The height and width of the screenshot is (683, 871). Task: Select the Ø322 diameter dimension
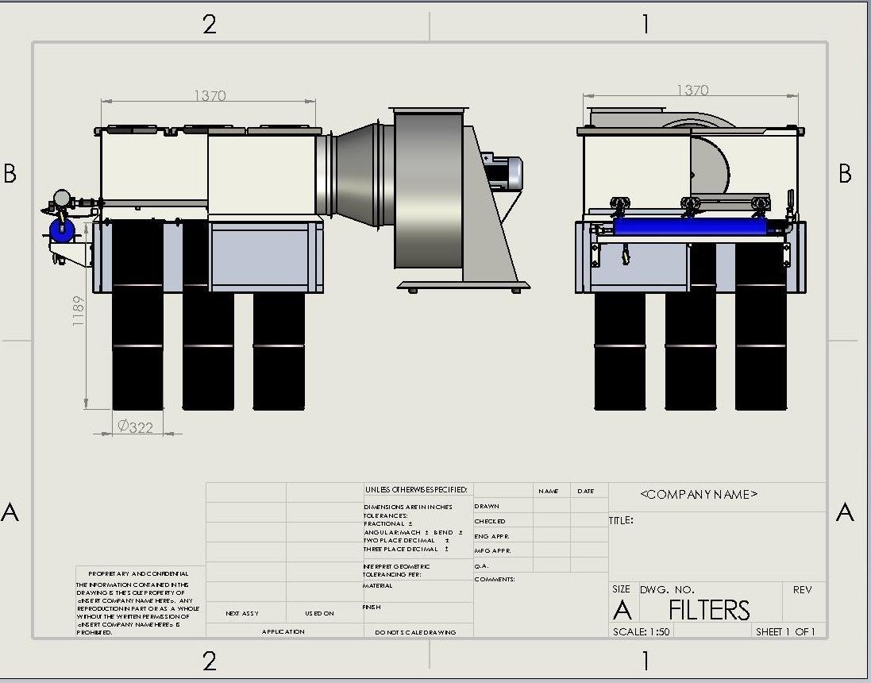135,426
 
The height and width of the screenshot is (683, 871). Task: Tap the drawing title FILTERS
708,610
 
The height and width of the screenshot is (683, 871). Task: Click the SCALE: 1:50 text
641,632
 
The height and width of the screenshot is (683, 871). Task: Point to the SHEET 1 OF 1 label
784,632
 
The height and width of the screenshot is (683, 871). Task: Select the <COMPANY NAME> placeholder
699,494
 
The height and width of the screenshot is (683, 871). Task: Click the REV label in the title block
802,590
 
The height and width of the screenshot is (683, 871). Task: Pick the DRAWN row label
487,506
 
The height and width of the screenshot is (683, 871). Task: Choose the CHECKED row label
489,521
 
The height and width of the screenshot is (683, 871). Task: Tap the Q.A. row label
481,565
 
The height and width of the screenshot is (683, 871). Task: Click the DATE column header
586,491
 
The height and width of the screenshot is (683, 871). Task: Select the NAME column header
548,491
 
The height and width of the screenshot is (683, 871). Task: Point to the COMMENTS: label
495,580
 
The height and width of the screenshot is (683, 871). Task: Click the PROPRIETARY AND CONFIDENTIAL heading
138,573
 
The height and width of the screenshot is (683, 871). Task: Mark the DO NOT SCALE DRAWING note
415,632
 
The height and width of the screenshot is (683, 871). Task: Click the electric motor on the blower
503,172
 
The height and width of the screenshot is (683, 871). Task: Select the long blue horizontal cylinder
691,227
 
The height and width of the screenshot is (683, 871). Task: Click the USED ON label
319,613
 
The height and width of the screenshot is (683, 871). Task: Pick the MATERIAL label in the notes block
378,586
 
